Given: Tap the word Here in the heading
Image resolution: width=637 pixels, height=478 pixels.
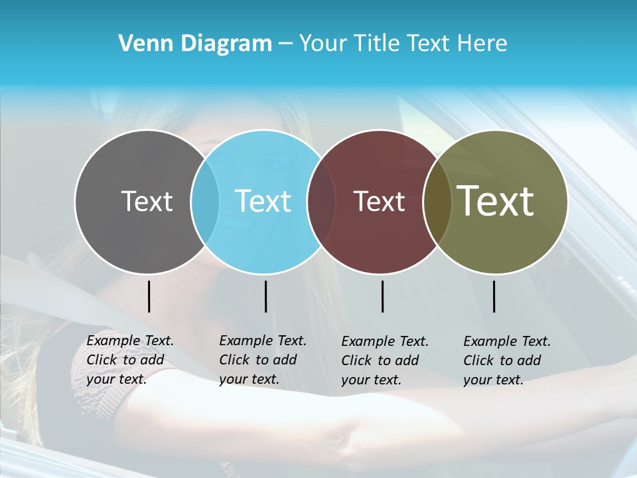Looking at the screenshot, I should (483, 44).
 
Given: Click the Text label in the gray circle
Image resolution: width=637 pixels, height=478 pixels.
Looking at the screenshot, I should (147, 201).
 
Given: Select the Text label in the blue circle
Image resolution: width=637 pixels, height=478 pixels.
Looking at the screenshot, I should (263, 201).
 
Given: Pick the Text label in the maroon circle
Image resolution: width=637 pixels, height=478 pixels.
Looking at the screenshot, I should (380, 201).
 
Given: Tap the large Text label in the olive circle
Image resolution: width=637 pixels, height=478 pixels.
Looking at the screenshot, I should (496, 201).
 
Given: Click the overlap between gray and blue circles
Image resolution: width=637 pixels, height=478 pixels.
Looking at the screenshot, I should (205, 201).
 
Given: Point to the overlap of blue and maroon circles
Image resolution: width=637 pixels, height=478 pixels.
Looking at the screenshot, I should (322, 201).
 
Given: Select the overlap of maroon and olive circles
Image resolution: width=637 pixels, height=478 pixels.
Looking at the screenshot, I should (436, 201).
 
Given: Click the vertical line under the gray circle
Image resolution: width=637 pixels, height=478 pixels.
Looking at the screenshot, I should (149, 296).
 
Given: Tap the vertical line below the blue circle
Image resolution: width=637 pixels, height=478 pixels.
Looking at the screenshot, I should (265, 296).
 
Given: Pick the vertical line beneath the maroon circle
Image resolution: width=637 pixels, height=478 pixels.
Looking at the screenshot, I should (382, 296).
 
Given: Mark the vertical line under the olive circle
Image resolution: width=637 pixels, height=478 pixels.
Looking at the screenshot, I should (494, 296).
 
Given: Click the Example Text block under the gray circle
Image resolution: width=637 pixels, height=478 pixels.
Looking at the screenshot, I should (130, 360).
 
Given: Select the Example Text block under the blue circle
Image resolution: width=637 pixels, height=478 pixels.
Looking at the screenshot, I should (263, 360).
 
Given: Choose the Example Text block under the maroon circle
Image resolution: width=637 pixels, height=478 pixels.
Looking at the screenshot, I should (385, 360).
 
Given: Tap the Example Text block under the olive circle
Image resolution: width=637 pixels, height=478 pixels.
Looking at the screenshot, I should (507, 360).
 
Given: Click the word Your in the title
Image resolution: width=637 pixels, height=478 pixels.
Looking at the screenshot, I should (323, 44).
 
